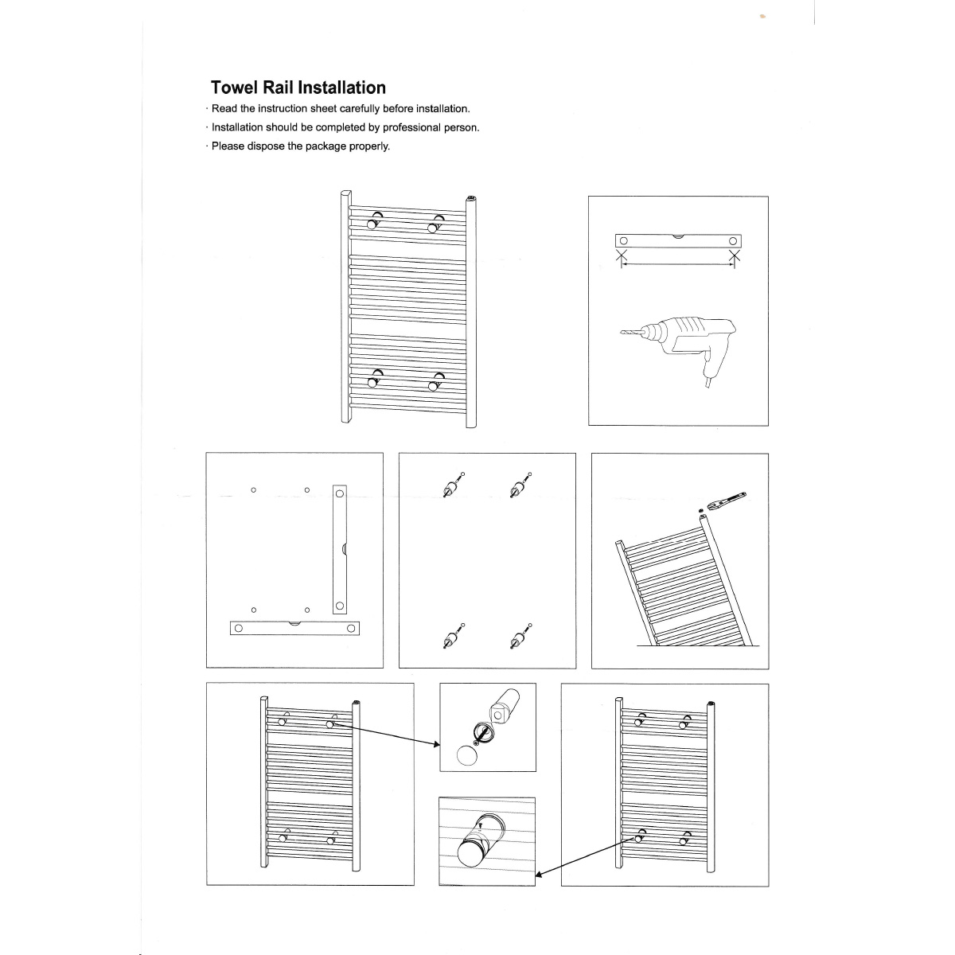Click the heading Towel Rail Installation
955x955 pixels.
pos(298,88)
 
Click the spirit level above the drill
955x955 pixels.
pos(679,241)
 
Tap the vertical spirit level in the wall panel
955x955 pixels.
pos(340,549)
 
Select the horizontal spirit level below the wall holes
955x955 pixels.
pos(294,628)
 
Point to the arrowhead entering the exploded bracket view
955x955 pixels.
pos(436,744)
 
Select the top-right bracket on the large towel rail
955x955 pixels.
pos(435,224)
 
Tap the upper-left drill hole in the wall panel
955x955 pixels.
pos(253,490)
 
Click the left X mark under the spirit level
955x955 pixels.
pos(623,257)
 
